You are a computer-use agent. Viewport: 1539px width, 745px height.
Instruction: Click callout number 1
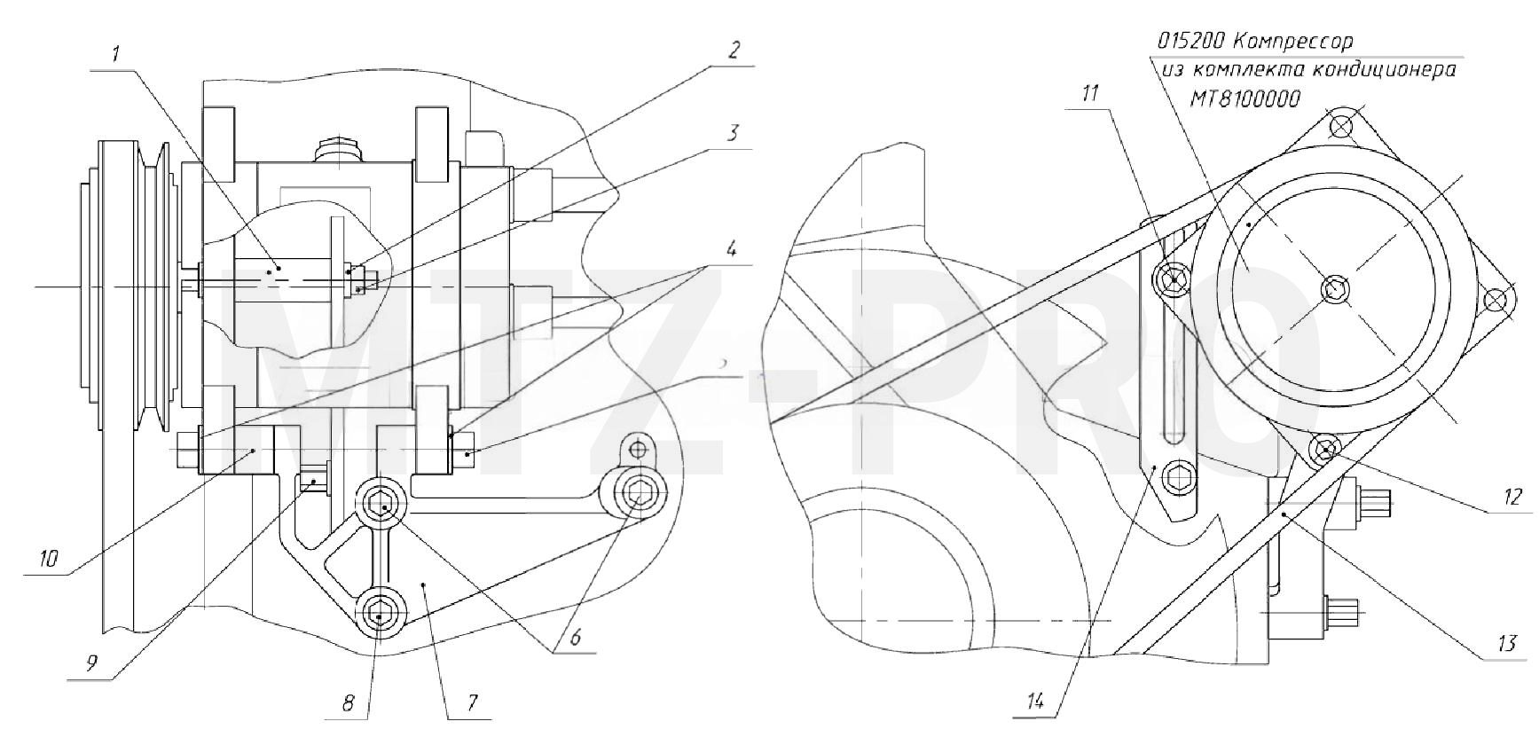pyautogui.click(x=115, y=54)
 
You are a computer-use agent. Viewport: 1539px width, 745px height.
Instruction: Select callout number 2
pyautogui.click(x=733, y=50)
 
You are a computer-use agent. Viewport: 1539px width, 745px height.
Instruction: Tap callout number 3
pyautogui.click(x=733, y=133)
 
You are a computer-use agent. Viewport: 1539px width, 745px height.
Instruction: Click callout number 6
pyautogui.click(x=575, y=637)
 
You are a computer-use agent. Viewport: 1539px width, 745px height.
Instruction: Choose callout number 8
pyautogui.click(x=349, y=703)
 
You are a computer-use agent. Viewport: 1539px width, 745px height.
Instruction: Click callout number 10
pyautogui.click(x=49, y=558)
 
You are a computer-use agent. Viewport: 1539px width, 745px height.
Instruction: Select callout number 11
pyautogui.click(x=1090, y=92)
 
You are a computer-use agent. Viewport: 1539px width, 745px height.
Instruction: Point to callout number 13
pyautogui.click(x=1507, y=643)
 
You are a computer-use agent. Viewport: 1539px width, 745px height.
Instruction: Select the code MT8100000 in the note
pyautogui.click(x=1245, y=98)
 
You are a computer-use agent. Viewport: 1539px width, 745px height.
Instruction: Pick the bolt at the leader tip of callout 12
pyautogui.click(x=1325, y=450)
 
